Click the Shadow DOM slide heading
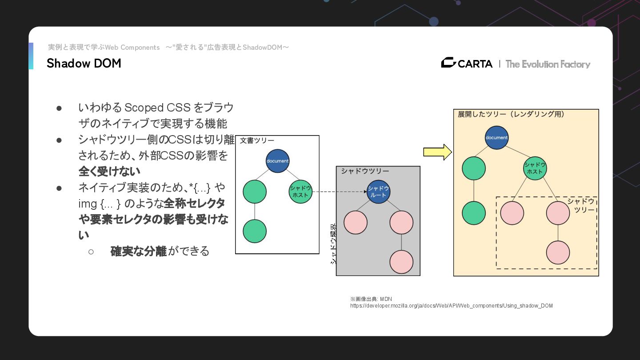click(x=84, y=64)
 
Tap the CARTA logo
click(x=467, y=64)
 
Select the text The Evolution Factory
click(x=548, y=64)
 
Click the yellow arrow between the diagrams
click(x=437, y=152)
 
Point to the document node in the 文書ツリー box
click(x=277, y=161)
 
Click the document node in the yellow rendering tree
click(x=496, y=138)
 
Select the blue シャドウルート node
click(x=378, y=192)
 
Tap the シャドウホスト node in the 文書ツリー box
click(x=300, y=192)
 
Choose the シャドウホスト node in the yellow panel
click(x=535, y=168)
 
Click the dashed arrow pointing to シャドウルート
click(x=340, y=192)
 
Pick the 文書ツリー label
click(x=257, y=141)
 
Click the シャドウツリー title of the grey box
click(x=365, y=171)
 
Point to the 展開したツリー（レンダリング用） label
click(x=511, y=114)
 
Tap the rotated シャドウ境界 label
click(x=333, y=244)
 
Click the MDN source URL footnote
click(x=451, y=306)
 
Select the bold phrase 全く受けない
click(x=109, y=171)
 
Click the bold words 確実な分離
click(x=138, y=251)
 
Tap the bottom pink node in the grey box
click(x=401, y=262)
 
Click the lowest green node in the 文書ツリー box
click(x=255, y=231)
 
